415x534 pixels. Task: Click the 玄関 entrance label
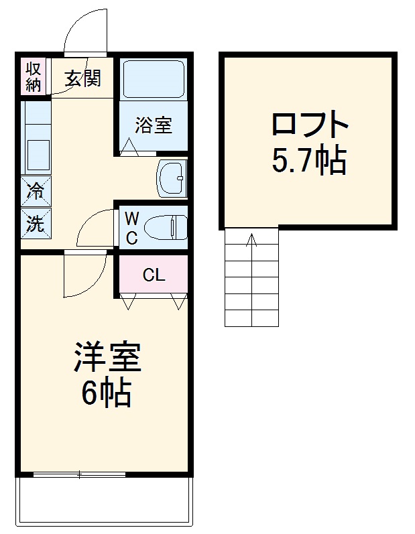(83, 78)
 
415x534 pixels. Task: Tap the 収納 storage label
(34, 76)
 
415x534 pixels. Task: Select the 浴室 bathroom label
(154, 125)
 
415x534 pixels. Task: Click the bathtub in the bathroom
(154, 79)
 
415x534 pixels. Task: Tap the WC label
(132, 228)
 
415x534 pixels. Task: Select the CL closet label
(154, 275)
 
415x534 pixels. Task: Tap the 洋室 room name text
(107, 357)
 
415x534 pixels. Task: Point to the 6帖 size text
(106, 393)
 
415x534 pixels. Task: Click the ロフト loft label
(310, 125)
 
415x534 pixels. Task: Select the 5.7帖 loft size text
(309, 160)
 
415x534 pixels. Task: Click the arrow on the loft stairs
(252, 241)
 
